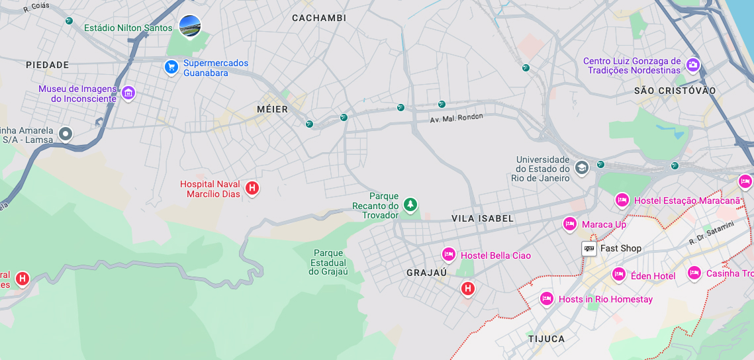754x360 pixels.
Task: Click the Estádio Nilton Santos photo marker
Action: click(190, 26)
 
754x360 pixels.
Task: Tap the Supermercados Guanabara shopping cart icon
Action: click(171, 67)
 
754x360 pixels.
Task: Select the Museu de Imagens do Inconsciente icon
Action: click(128, 93)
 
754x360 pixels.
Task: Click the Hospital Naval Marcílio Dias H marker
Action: click(252, 189)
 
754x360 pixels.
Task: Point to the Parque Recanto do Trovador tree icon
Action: click(410, 204)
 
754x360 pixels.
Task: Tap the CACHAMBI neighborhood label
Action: click(319, 18)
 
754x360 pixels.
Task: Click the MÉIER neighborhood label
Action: click(272, 109)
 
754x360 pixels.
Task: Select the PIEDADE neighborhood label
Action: click(48, 65)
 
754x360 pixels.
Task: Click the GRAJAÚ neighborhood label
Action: click(427, 273)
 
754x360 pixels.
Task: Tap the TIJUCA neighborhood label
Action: click(547, 339)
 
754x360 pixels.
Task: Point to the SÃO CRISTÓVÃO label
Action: click(675, 91)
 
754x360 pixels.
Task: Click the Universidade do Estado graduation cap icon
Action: click(581, 168)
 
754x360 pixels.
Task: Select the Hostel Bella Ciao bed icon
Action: click(448, 255)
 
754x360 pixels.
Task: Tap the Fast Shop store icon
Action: click(589, 249)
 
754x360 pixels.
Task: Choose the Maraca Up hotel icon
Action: click(569, 224)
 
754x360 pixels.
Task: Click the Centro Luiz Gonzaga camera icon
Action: click(693, 65)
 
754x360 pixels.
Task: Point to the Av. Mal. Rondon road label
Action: click(457, 118)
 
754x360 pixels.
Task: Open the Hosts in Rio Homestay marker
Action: click(546, 299)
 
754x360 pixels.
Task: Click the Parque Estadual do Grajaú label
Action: click(328, 262)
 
